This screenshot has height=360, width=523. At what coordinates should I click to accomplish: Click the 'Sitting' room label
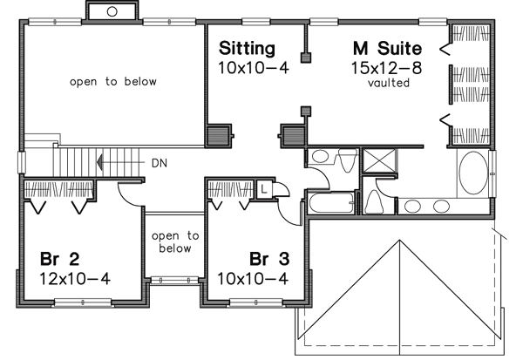tap(247, 47)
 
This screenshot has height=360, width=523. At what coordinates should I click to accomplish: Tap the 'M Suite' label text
tap(387, 47)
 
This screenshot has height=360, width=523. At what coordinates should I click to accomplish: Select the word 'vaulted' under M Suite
tap(388, 83)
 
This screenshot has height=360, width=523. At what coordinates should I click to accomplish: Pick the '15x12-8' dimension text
tap(388, 66)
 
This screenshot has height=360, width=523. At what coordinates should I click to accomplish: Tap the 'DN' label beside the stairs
tap(159, 161)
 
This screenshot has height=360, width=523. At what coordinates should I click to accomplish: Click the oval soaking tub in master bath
tap(473, 173)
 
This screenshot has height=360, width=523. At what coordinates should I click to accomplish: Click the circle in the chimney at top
tap(112, 11)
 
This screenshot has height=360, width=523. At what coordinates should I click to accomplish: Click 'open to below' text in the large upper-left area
tap(113, 82)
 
